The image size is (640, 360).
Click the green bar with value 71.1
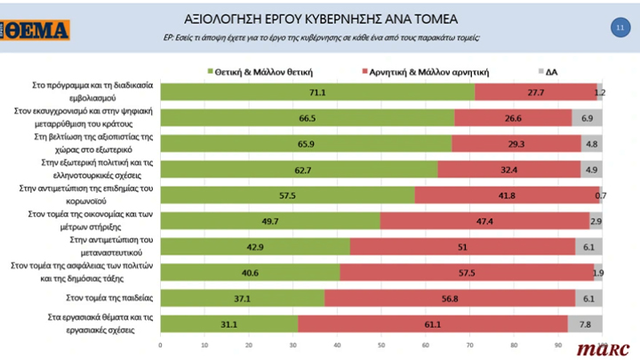[x=316, y=92]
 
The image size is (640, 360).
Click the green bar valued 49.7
[x=270, y=220]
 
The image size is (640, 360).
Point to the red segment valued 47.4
[x=485, y=220]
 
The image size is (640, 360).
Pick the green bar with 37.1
[x=242, y=300]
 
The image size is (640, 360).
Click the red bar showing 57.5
[x=466, y=273]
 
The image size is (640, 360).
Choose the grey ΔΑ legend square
[x=543, y=69]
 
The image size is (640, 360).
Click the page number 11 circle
[x=619, y=28]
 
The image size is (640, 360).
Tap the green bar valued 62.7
[x=299, y=169]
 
